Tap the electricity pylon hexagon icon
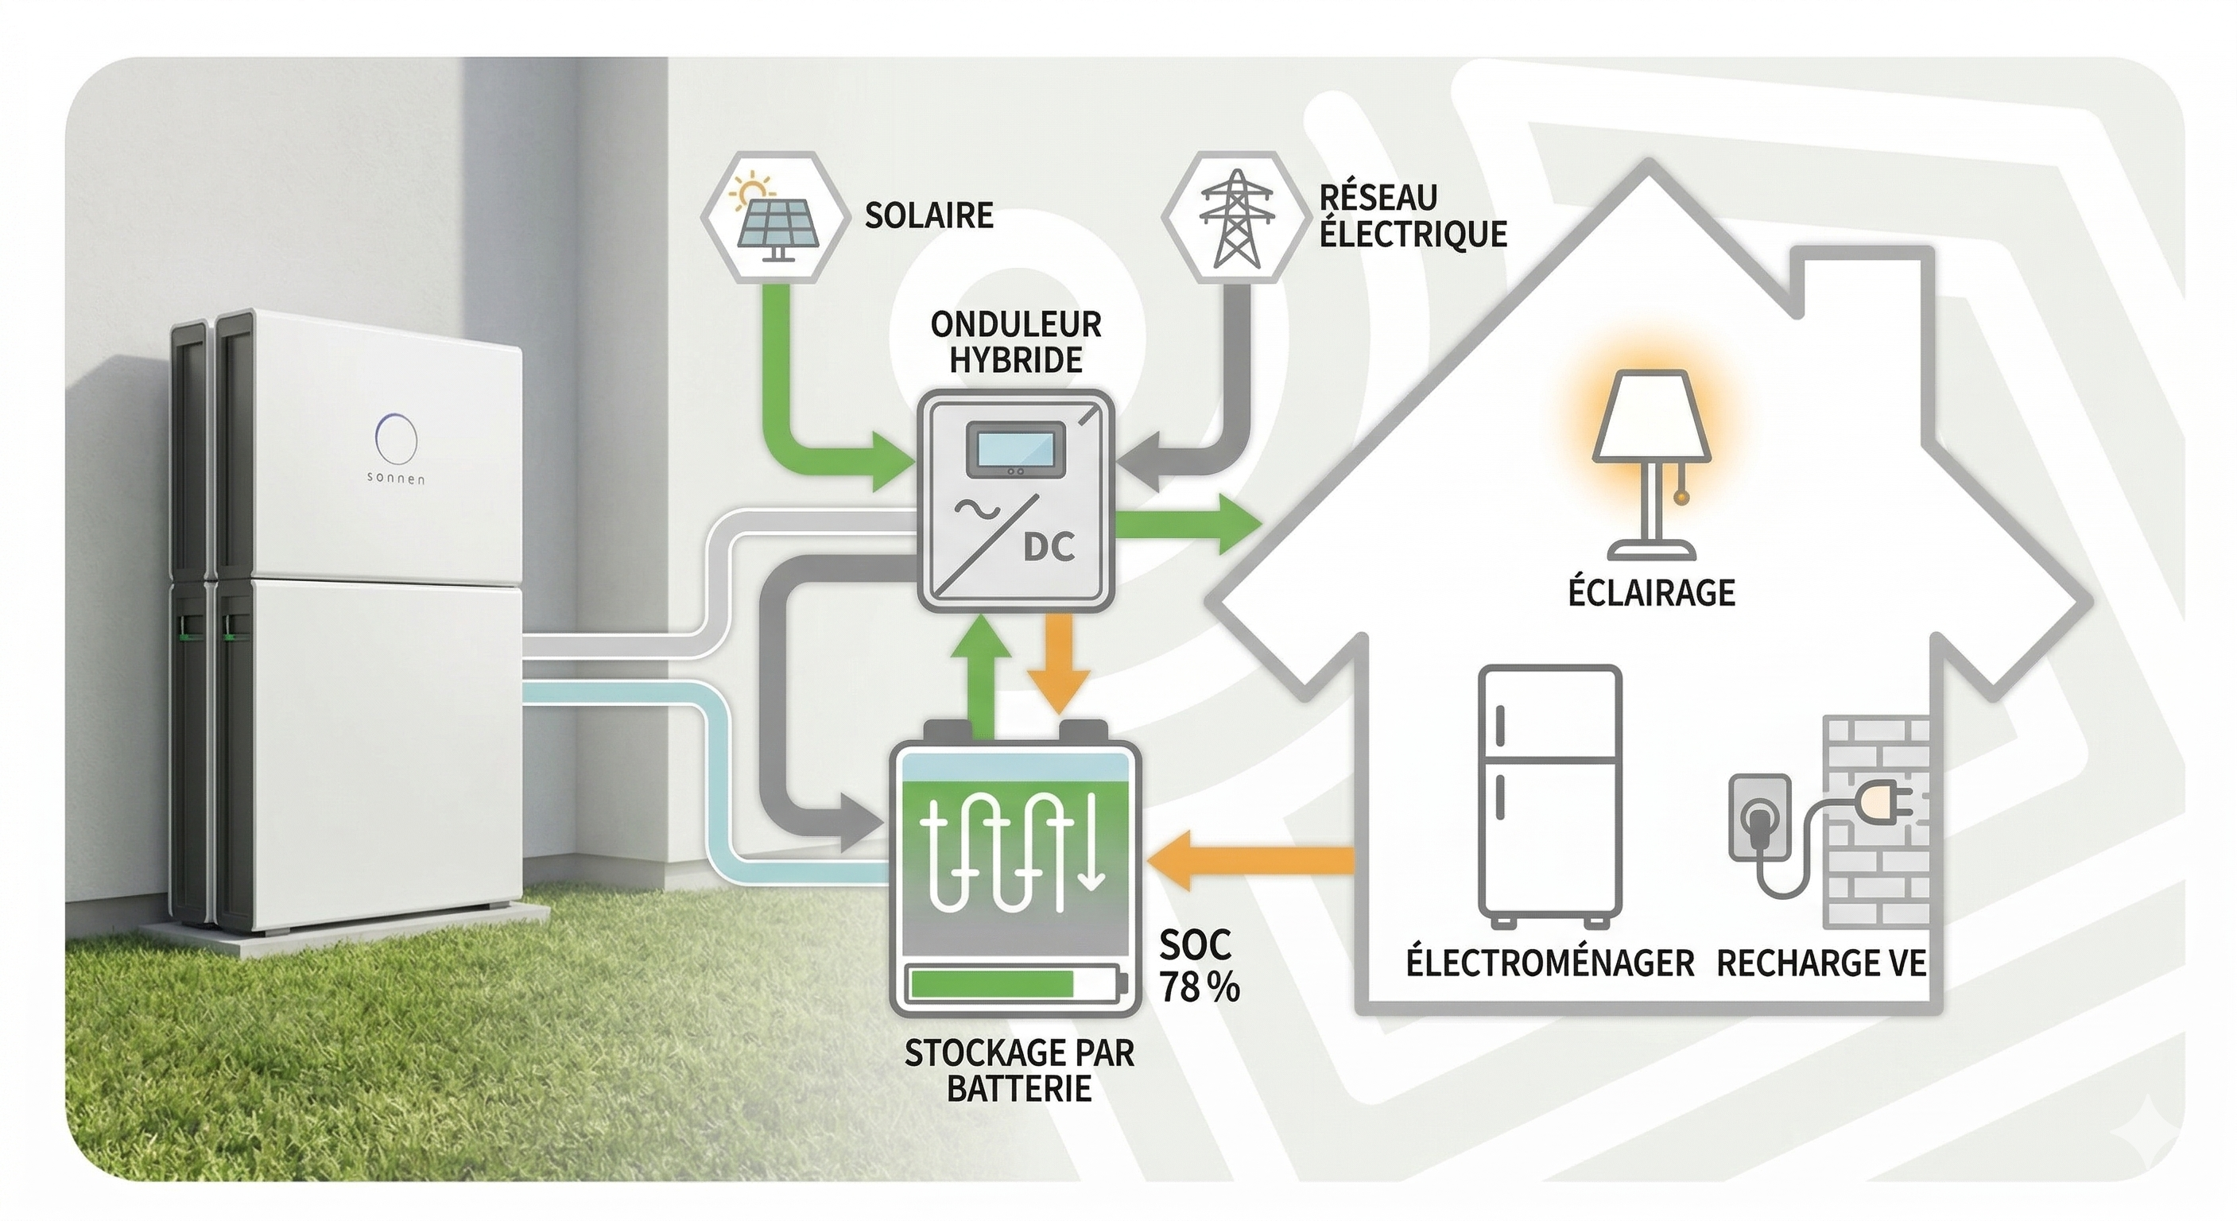(1234, 217)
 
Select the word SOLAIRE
(929, 215)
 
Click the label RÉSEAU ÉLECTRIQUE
(1412, 216)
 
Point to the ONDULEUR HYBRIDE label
(1015, 342)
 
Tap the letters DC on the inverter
(1049, 548)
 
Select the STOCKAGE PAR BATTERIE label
(1018, 1070)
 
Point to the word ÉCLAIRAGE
(1651, 593)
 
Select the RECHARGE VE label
(1821, 964)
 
